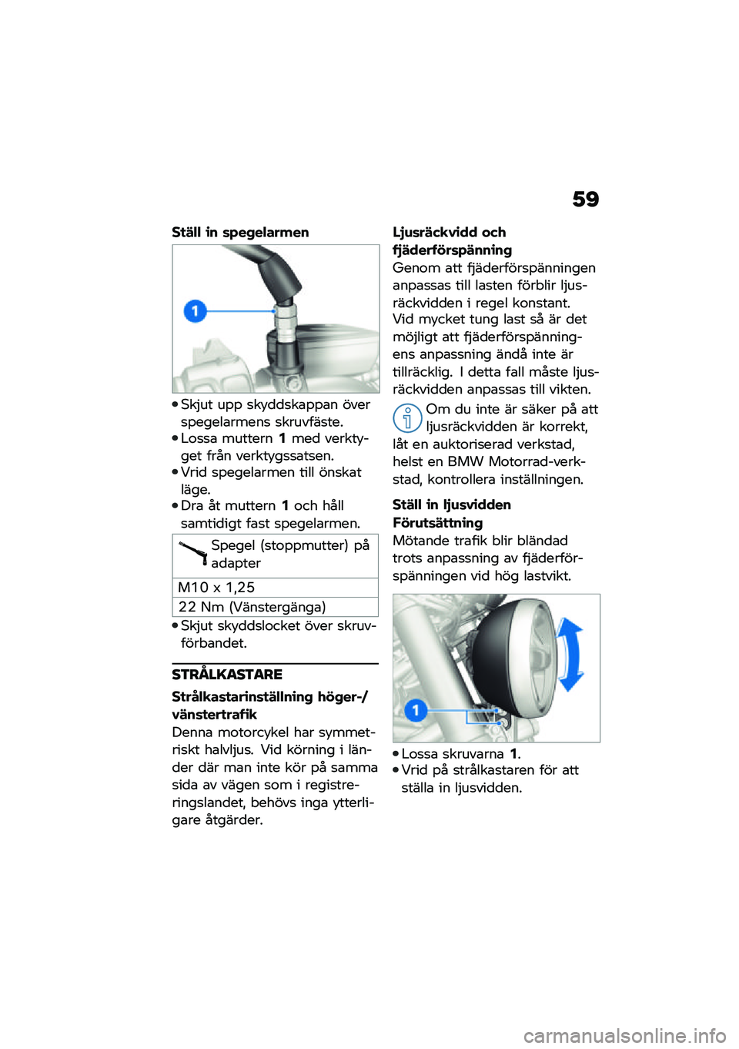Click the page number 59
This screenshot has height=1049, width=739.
585,199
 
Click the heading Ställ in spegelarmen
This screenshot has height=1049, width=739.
240,233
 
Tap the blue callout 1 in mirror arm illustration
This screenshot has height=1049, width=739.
196,311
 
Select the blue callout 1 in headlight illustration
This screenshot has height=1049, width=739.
416,709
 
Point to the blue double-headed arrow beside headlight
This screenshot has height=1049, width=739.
570,655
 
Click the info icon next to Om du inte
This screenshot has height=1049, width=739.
407,418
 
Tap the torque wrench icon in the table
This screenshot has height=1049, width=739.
193,552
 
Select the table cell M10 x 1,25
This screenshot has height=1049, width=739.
216,588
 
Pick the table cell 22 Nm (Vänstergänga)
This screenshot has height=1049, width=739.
252,607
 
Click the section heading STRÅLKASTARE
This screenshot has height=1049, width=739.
227,675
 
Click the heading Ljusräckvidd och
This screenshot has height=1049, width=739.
450,233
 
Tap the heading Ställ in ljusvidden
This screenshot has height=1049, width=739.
451,505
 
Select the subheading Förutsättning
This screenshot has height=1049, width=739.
437,523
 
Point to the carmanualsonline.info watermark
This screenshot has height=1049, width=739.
624,1036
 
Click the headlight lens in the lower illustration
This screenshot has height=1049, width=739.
523,655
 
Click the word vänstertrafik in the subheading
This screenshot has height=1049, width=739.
214,715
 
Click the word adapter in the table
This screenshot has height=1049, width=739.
236,563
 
